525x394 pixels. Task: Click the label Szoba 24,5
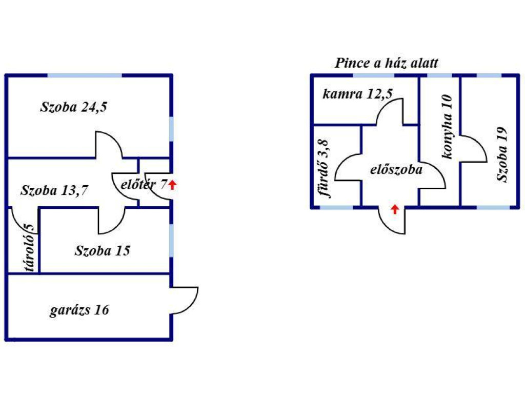click(74, 107)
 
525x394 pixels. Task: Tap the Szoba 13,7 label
click(54, 191)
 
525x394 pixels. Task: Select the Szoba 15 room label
click(103, 251)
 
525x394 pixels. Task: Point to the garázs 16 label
click(79, 310)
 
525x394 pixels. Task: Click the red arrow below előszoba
click(394, 209)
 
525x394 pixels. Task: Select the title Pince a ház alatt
click(387, 63)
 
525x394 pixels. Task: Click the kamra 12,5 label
click(355, 94)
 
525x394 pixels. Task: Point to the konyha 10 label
click(447, 127)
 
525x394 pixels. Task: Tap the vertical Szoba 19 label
click(502, 154)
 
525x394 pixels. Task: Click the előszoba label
click(396, 169)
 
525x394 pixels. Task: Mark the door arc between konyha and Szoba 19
click(477, 149)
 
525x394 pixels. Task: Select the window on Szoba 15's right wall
click(171, 240)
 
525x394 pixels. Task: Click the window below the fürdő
click(336, 207)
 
